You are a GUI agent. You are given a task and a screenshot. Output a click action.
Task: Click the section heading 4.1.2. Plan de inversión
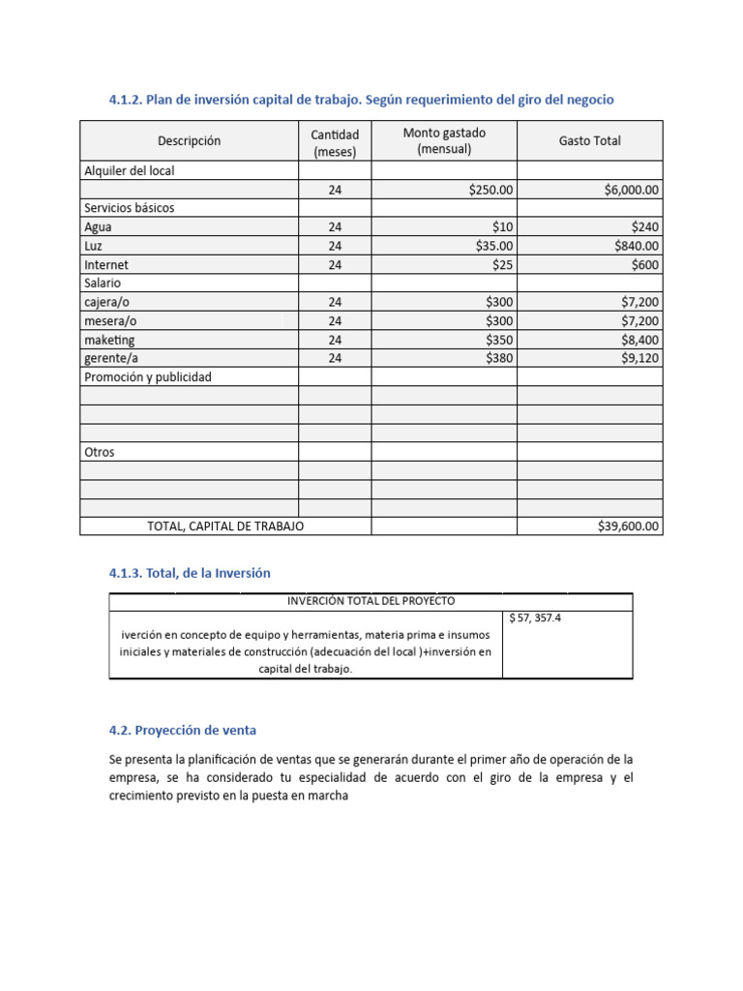pos(361,100)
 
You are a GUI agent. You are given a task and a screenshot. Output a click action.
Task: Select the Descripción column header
pos(189,141)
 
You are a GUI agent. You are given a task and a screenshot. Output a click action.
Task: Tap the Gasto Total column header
pos(589,141)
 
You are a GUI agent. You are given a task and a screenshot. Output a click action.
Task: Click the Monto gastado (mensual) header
pos(444,141)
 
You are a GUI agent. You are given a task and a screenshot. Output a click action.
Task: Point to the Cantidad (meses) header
pos(335,142)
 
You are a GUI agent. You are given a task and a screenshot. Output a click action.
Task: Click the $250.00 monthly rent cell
pos(490,191)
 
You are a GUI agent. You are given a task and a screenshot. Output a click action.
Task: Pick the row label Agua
pos(98,227)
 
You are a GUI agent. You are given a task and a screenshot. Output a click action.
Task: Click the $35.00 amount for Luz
pos(493,246)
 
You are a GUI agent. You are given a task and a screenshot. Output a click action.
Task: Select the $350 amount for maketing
pos(498,340)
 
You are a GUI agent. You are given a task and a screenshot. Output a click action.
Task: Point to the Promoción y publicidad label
pos(147,376)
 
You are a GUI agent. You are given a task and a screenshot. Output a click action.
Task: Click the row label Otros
pos(99,452)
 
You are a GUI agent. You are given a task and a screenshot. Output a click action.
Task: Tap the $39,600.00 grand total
pos(628,526)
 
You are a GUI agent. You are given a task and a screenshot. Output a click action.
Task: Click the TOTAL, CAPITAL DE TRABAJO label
pos(224,526)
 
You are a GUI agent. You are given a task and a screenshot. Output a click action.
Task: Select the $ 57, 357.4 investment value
pos(535,617)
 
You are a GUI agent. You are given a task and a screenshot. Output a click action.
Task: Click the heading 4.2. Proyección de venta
pos(183,730)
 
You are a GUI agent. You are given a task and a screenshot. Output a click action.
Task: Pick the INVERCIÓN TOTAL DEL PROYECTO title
pos(371,601)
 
